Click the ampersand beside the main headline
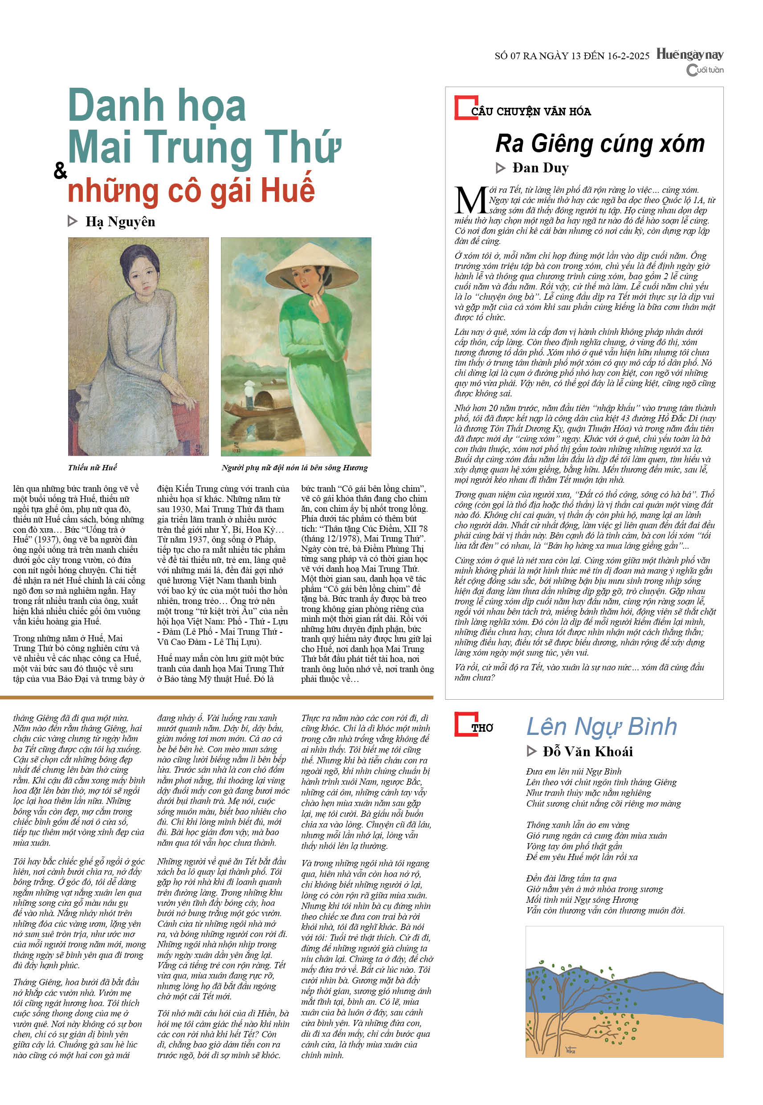tap(60, 170)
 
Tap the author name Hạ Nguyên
tap(120, 221)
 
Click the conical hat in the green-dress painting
tap(312, 271)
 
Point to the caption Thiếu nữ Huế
tap(92, 467)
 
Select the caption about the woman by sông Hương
tap(294, 467)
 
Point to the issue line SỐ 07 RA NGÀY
tap(572, 56)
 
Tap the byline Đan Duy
tap(540, 168)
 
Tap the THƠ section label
tap(482, 728)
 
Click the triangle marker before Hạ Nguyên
tap(72, 221)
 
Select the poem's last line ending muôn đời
tap(605, 910)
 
